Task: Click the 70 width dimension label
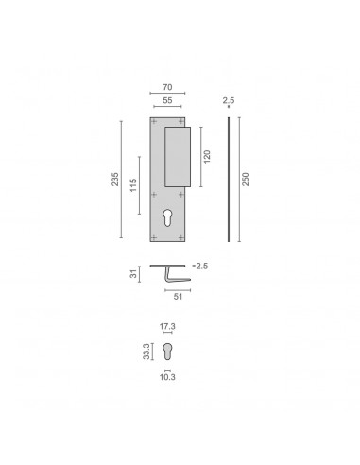click(167, 87)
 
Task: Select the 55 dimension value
click(167, 100)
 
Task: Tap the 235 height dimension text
click(115, 180)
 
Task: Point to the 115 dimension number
click(133, 185)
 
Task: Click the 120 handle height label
click(207, 157)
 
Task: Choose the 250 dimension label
click(246, 180)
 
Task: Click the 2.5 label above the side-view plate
click(229, 100)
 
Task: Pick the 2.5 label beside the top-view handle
click(202, 267)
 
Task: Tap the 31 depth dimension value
click(134, 274)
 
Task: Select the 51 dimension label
click(178, 297)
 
